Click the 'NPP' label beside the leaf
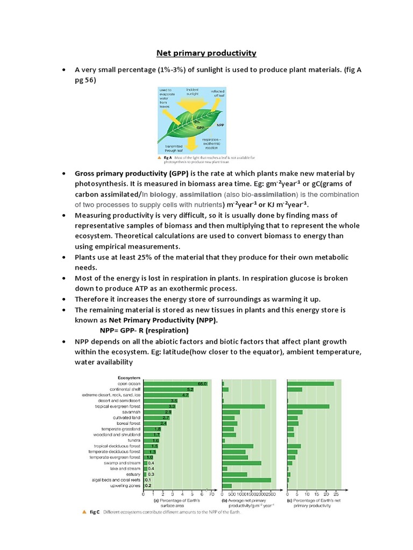220,125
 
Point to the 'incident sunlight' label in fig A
193,92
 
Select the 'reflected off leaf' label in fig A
217,93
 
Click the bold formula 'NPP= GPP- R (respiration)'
144,330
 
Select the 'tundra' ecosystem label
134,440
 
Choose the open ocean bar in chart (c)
310,383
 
